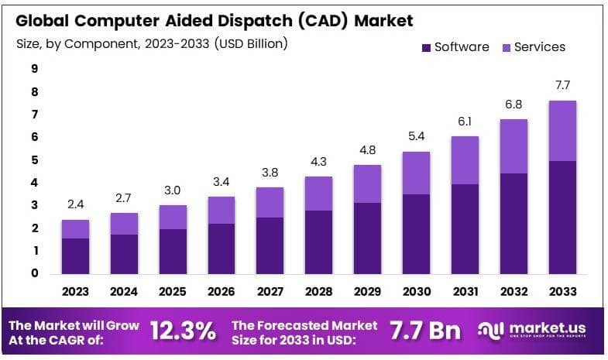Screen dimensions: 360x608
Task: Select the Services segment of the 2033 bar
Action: coord(562,130)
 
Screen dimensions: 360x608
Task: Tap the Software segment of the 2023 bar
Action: coord(76,255)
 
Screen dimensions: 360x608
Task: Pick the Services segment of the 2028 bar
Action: coord(319,194)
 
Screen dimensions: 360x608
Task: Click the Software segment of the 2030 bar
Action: coord(416,234)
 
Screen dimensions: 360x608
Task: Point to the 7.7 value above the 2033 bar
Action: coord(562,84)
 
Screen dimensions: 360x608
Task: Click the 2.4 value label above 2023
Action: coord(76,204)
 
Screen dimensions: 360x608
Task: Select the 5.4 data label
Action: coord(416,136)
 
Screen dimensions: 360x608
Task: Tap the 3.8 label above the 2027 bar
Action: coord(270,172)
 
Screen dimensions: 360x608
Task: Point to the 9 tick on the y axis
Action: coord(35,69)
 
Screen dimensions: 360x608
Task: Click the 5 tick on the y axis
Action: coord(35,160)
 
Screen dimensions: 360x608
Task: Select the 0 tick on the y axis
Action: coord(35,273)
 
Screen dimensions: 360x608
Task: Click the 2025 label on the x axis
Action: coord(173,292)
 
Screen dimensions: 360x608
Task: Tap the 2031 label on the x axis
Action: coord(465,292)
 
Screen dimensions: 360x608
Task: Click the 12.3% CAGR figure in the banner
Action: coord(183,331)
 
